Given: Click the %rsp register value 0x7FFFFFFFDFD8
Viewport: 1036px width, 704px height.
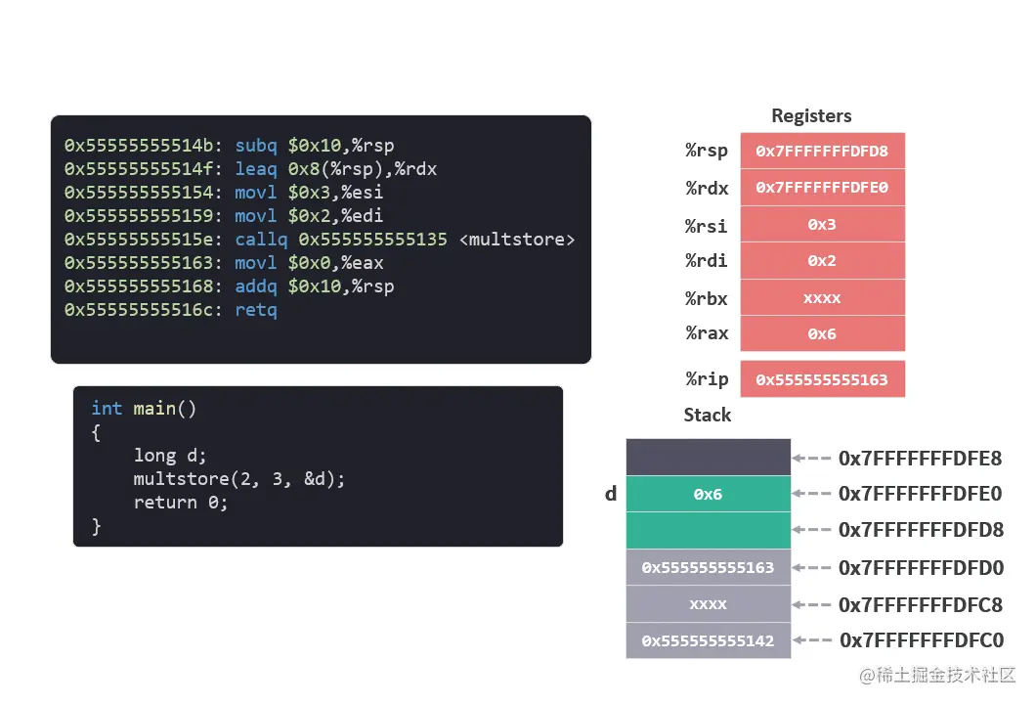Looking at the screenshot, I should (x=822, y=151).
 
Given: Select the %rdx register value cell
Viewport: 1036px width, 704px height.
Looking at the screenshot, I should (x=822, y=187).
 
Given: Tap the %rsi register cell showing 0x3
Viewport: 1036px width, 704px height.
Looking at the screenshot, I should (x=822, y=224).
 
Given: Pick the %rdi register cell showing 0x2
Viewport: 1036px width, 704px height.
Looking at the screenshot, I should (x=822, y=261).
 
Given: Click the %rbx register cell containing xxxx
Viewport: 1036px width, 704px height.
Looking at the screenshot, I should (x=822, y=298).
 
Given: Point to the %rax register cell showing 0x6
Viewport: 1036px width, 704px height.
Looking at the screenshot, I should (x=822, y=333).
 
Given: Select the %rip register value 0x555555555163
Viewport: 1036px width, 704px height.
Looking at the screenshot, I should (x=822, y=379).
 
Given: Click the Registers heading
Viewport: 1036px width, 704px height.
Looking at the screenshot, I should (x=811, y=115).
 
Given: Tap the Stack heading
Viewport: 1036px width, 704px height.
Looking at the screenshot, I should (x=707, y=415).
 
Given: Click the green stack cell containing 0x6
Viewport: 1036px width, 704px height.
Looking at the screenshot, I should (x=708, y=494).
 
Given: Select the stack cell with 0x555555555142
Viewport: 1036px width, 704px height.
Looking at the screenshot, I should (x=708, y=640).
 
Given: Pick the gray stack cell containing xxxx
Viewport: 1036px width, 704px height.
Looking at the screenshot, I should (x=708, y=604).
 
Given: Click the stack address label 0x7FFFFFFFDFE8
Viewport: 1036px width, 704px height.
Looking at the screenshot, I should (x=920, y=458).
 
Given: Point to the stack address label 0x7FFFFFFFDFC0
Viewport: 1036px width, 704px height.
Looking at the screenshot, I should (x=921, y=640).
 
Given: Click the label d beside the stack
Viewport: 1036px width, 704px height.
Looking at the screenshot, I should (x=611, y=494).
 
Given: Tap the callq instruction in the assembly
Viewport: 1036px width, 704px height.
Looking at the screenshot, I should (x=262, y=240).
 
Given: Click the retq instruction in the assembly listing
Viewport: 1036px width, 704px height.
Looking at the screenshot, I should (x=256, y=310).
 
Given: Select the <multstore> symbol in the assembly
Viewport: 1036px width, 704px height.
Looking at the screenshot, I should (x=517, y=240).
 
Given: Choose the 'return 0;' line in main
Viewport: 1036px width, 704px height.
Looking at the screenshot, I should (x=180, y=502).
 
